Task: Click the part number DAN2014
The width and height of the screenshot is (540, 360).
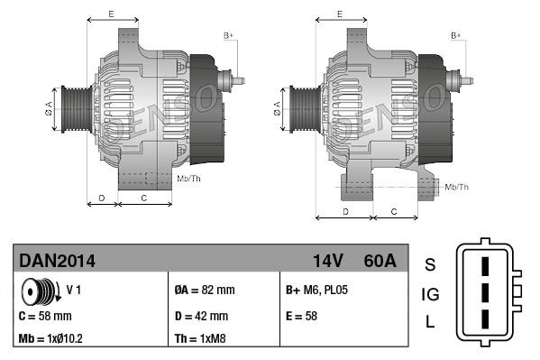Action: click(57, 261)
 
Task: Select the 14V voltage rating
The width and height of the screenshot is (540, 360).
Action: click(327, 261)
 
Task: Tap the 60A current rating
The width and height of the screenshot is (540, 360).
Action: click(378, 261)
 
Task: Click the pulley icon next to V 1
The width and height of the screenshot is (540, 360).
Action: click(39, 291)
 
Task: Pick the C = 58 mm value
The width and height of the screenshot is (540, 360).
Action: click(45, 316)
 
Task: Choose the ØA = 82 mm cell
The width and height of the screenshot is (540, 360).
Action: click(204, 291)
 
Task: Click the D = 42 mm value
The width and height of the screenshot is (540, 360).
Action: click(201, 316)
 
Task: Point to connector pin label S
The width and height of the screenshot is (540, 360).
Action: click(430, 264)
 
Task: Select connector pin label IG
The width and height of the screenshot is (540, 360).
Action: click(430, 294)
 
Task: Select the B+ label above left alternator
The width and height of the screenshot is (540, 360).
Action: click(228, 35)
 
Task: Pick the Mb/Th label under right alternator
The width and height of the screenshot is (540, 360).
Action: click(457, 187)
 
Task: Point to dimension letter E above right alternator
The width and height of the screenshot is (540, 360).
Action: click(339, 14)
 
